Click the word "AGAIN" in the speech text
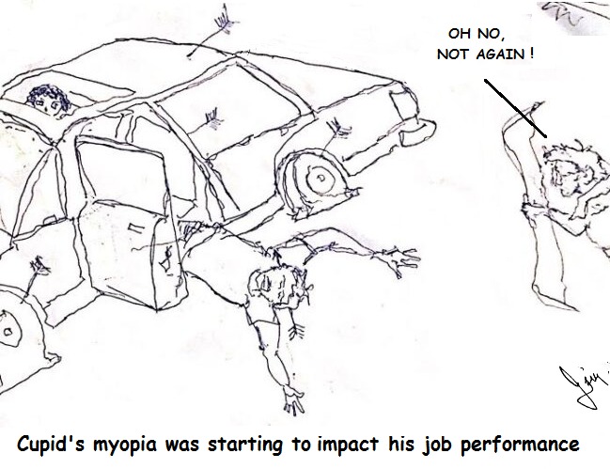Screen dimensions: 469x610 coord(497,54)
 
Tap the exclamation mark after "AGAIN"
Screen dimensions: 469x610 coord(532,54)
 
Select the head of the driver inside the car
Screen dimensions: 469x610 coord(47,100)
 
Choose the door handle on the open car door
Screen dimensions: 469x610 coord(138,227)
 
